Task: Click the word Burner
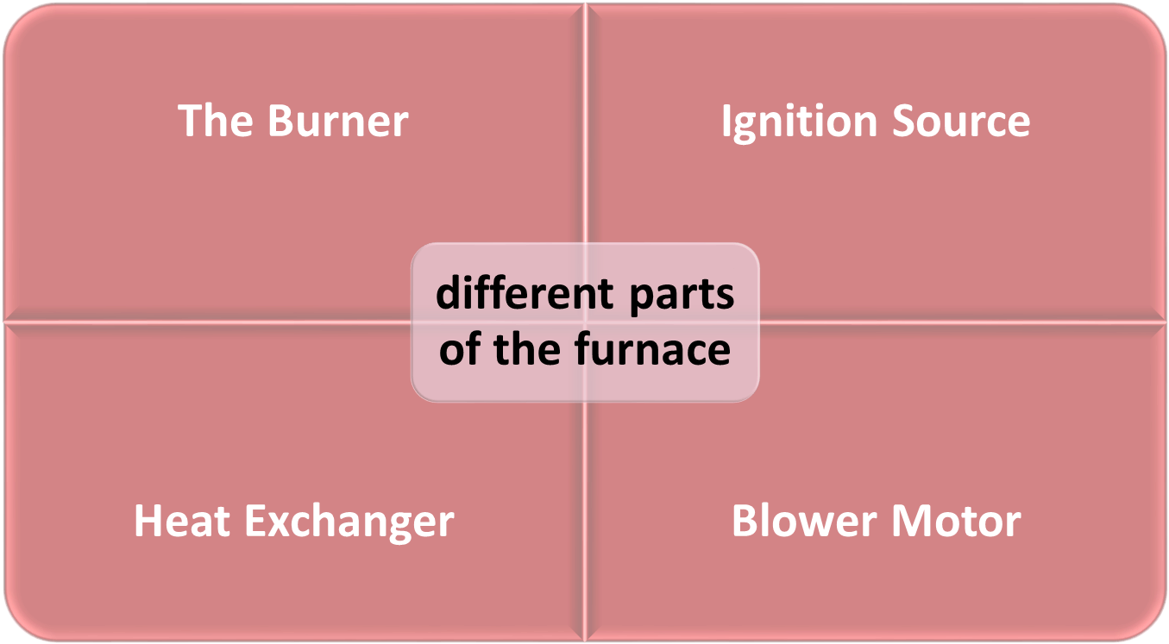[x=338, y=122]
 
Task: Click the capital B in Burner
[x=280, y=122]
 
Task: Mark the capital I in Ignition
[x=726, y=122]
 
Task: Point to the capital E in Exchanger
[x=256, y=522]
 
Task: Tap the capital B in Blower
[x=744, y=522]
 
